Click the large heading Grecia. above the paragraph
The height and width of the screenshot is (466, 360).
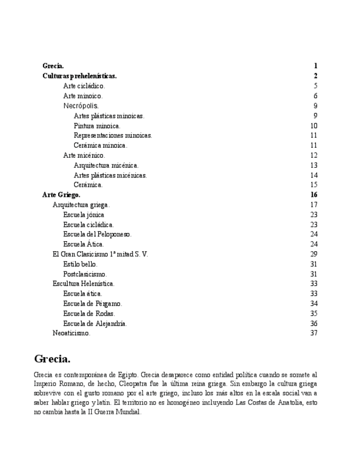point(52,359)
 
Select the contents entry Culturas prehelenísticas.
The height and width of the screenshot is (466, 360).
point(80,76)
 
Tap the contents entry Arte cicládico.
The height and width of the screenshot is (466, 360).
point(84,86)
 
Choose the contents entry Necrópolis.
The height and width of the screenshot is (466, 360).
point(81,106)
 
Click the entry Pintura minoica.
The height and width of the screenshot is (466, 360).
point(97,126)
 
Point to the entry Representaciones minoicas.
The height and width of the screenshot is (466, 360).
point(113,135)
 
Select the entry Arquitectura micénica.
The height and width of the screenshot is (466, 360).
point(106,165)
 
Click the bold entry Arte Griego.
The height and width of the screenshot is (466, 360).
point(62,195)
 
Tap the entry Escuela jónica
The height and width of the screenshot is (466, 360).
point(84,214)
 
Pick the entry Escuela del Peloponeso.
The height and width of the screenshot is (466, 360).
point(97,234)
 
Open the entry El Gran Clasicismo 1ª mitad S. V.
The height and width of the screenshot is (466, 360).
point(100,254)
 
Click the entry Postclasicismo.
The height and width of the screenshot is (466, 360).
point(85,274)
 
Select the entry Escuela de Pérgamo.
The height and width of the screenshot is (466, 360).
point(93,303)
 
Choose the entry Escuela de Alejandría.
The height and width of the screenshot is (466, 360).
point(95,323)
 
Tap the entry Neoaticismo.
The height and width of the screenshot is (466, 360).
point(71,333)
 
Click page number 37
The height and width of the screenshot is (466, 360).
point(314,333)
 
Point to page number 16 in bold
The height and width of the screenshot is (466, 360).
point(314,195)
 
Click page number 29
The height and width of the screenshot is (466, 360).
point(314,254)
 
